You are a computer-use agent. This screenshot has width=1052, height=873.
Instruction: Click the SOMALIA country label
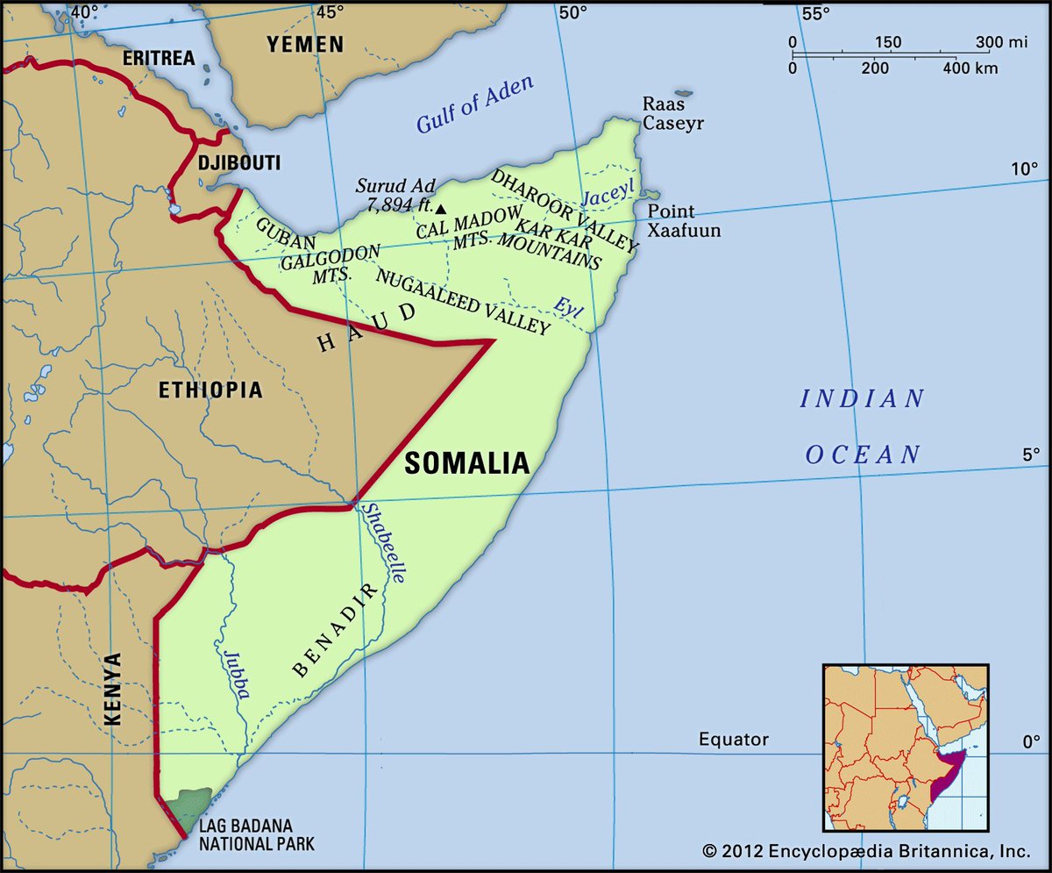(466, 463)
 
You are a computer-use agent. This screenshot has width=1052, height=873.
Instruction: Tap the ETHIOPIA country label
(210, 390)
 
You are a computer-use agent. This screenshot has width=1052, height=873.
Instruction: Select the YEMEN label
(305, 44)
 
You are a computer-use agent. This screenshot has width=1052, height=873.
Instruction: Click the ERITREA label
(158, 59)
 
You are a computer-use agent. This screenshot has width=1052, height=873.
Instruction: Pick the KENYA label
(112, 689)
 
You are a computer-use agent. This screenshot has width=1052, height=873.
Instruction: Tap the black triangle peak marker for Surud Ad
(441, 209)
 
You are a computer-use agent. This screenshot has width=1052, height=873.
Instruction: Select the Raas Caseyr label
(672, 113)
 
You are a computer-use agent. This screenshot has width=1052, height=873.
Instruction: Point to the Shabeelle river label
(384, 544)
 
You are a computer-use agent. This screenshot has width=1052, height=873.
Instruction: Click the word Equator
(733, 740)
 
